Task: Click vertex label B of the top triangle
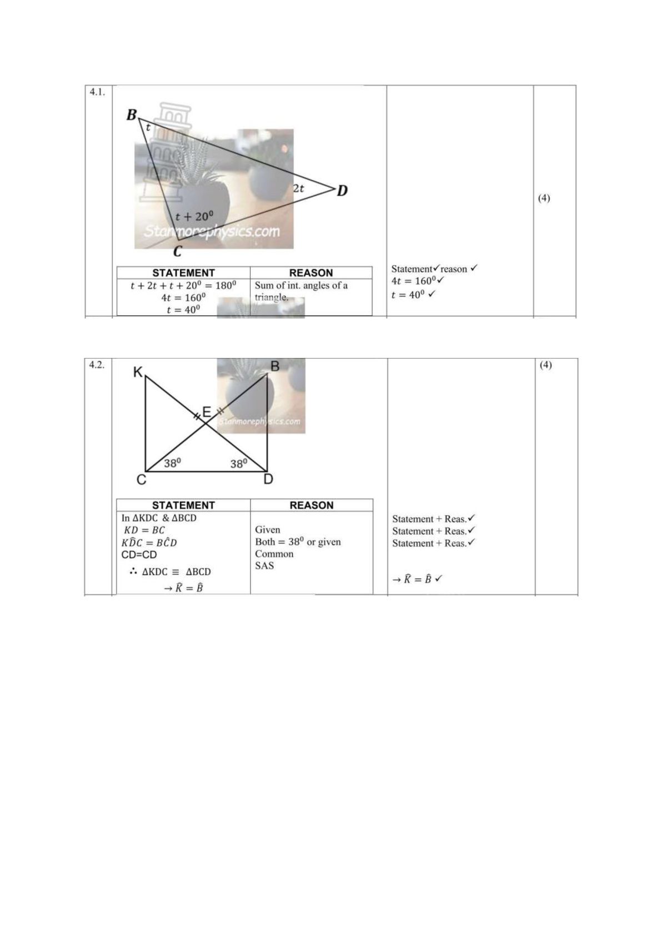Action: (x=132, y=114)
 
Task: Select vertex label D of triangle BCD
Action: (x=342, y=191)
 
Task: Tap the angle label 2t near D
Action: (x=298, y=188)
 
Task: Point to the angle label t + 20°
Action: (x=194, y=216)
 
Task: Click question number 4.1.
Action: (x=97, y=92)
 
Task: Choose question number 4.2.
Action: (x=97, y=365)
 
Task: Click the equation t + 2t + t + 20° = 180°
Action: (x=183, y=285)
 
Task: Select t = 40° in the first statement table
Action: (x=183, y=310)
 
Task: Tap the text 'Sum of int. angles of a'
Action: (x=301, y=285)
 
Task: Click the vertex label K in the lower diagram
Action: (x=138, y=371)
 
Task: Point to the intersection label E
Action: (x=206, y=412)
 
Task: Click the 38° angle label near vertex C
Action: (x=172, y=462)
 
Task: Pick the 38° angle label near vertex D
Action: (x=239, y=463)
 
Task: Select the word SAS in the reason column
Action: (x=264, y=565)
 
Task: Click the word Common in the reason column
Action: (x=274, y=554)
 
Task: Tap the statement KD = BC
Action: (x=144, y=530)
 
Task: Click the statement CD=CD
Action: (x=139, y=555)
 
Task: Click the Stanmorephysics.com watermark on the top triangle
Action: (x=212, y=231)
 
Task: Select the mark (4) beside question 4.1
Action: (x=544, y=198)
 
